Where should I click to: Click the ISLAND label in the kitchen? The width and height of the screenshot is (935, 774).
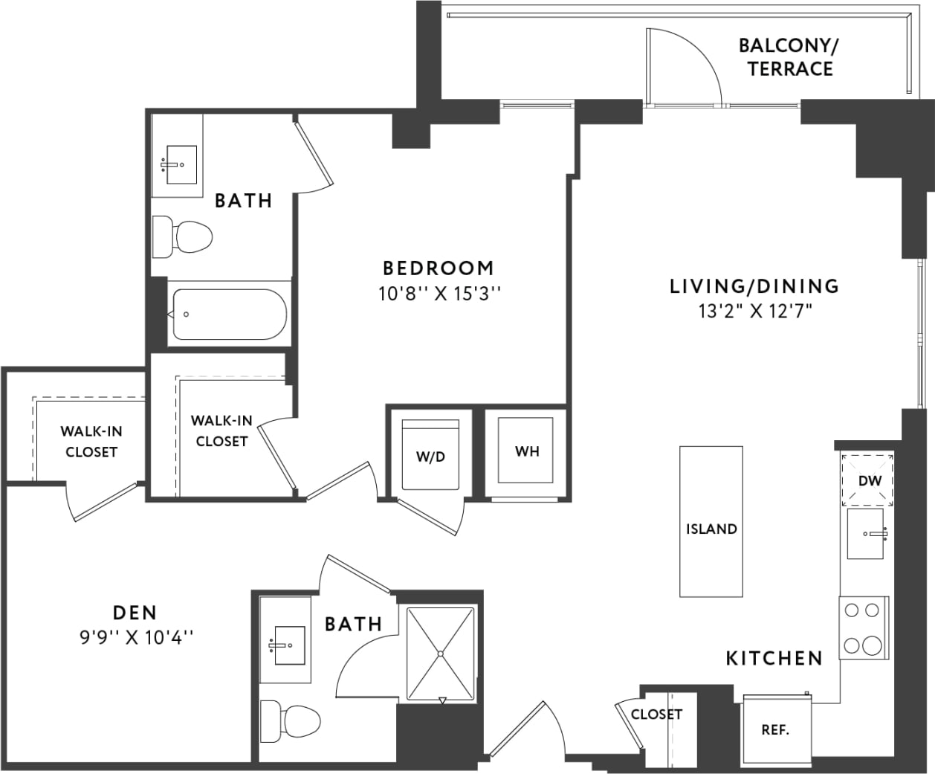(x=711, y=529)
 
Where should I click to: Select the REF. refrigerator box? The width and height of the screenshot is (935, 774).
(x=775, y=729)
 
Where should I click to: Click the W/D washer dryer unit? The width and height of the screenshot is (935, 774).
(x=430, y=455)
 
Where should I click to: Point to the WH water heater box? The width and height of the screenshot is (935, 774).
(x=527, y=451)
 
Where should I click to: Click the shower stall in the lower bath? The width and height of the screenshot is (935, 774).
(x=440, y=654)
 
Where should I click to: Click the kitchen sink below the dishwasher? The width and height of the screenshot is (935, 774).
(x=866, y=533)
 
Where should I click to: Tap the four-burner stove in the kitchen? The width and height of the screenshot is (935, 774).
(x=863, y=628)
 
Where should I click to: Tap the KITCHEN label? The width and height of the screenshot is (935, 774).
(x=774, y=658)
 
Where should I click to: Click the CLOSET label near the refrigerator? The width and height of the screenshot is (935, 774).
(x=656, y=715)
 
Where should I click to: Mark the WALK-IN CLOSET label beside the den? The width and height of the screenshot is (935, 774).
(x=91, y=442)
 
